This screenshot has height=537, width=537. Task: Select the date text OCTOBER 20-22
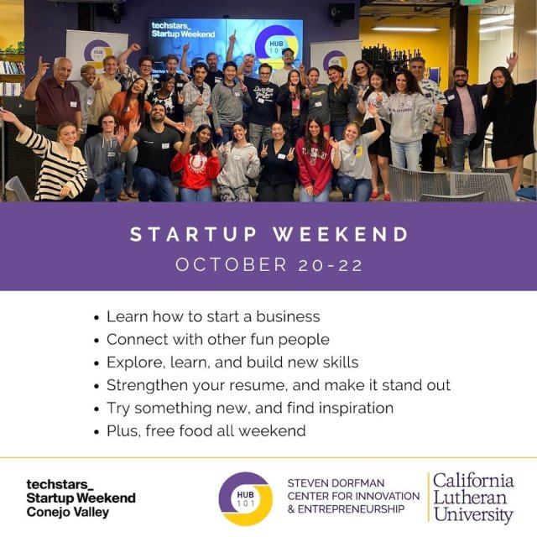tap(268, 265)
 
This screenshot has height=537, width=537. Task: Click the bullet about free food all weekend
tap(206, 430)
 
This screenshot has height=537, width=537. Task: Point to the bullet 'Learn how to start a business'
tap(213, 316)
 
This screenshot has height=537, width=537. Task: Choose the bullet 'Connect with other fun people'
tap(217, 339)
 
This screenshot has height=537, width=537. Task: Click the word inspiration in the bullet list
tap(345, 408)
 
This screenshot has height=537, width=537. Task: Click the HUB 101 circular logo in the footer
tap(245, 498)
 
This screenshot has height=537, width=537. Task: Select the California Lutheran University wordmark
tap(472, 498)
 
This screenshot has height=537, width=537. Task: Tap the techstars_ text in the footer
tap(60, 484)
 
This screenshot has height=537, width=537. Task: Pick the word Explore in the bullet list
tap(132, 362)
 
